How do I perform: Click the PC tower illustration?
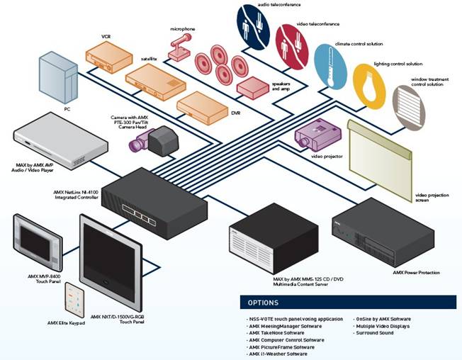[59, 79]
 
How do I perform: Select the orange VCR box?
[108, 55]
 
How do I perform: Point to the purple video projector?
[311, 133]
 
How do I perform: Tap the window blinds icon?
[409, 102]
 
